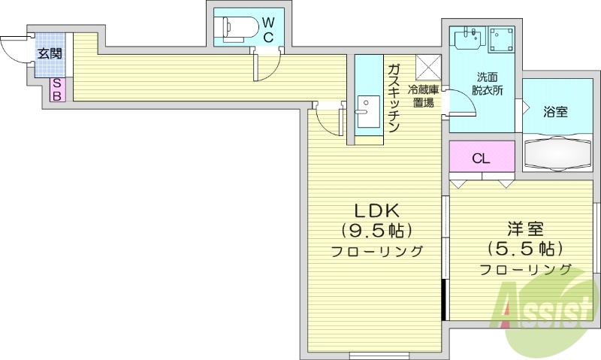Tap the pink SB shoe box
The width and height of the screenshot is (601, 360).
pos(56,90)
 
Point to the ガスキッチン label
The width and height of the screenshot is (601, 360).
pos(393,98)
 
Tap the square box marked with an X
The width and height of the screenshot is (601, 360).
pos(429,66)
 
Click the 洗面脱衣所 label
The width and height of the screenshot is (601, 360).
pos(487,83)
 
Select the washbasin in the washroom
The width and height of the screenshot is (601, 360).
pos(468,39)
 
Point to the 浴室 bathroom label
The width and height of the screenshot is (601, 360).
pos(555,112)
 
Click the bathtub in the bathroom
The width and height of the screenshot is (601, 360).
pos(557,152)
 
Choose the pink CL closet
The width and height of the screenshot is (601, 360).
pos(482,159)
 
